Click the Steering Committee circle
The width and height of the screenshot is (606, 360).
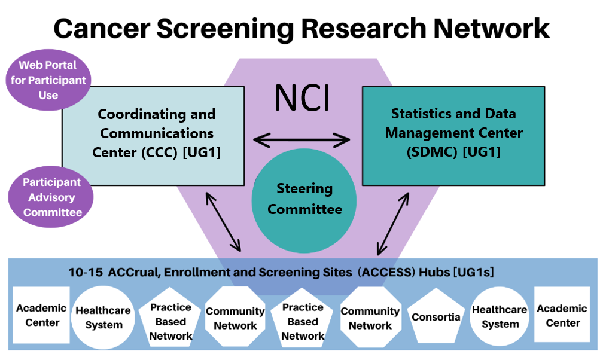(304, 199)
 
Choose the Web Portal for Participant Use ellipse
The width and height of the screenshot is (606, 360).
(48, 80)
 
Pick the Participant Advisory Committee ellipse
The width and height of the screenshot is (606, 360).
(52, 197)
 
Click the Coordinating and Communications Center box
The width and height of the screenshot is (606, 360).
(154, 135)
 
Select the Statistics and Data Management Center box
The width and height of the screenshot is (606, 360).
(453, 135)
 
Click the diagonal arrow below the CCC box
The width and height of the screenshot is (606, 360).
(223, 221)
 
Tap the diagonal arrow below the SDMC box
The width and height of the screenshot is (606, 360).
(392, 223)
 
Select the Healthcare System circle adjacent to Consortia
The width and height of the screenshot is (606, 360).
(500, 316)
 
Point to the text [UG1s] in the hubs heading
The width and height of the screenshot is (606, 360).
(474, 273)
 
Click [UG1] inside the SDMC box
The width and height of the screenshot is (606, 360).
(482, 152)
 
